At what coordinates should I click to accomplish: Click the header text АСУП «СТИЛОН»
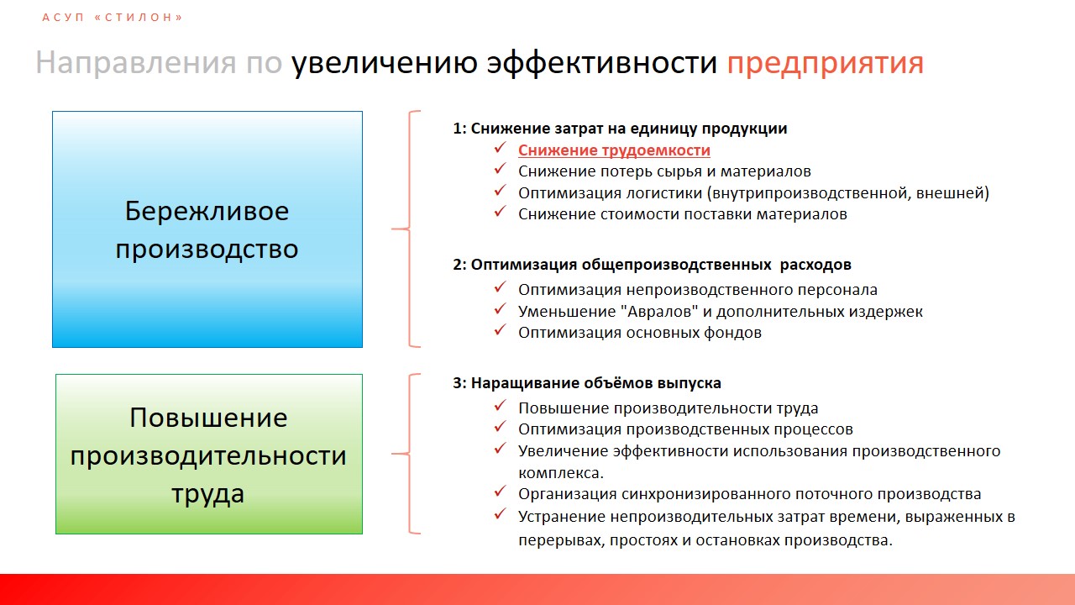(x=113, y=18)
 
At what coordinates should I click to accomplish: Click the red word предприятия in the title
(x=825, y=63)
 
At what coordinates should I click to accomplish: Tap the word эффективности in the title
(x=602, y=62)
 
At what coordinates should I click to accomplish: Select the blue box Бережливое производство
(x=207, y=229)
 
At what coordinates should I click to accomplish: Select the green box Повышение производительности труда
(x=209, y=454)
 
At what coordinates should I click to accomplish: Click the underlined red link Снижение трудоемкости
(x=614, y=150)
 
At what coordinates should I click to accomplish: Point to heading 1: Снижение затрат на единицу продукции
(x=620, y=129)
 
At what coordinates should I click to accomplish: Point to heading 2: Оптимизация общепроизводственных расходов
(x=653, y=265)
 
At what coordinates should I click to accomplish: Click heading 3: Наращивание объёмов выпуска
(x=587, y=382)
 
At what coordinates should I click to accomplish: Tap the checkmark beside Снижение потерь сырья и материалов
(x=500, y=169)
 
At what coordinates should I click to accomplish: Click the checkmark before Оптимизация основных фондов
(x=500, y=330)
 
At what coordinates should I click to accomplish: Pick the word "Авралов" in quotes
(x=659, y=311)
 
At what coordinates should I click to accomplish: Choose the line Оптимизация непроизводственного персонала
(x=698, y=290)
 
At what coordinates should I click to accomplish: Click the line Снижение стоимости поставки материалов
(x=683, y=213)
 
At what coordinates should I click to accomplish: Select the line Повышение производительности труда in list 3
(x=668, y=408)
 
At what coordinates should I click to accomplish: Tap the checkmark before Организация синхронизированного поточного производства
(x=500, y=492)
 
